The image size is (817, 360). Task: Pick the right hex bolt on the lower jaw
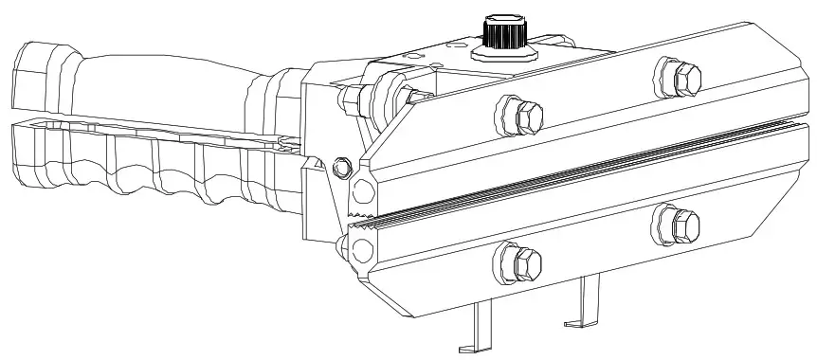click(679, 225)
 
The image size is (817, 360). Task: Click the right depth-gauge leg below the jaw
click(590, 301)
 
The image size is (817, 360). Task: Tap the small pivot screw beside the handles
click(343, 168)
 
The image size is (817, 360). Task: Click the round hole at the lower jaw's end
click(361, 250)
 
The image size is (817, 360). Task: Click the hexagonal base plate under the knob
click(502, 51)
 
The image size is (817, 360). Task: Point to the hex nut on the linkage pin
click(358, 96)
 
